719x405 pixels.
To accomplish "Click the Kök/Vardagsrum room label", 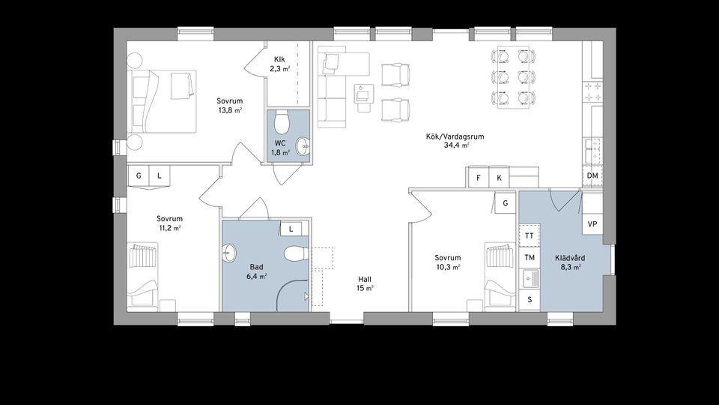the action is coord(455,136).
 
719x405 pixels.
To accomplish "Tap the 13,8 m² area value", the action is coord(230,110).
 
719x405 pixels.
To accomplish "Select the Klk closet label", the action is coord(279,60).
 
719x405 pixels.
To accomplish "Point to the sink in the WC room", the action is coord(303,146).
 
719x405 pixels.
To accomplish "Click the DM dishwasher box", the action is coord(592,175).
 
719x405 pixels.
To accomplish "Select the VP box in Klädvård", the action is coord(592,224).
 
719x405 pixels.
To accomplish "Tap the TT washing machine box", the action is coord(530,235).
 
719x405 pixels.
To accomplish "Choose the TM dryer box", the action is coord(530,257).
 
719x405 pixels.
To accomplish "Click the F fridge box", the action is coord(479,178).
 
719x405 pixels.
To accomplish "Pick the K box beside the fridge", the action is coord(500,178).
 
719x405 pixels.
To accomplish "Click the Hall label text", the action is coord(365,279).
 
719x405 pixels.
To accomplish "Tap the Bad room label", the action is coord(256,267).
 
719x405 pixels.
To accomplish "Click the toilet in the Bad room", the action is coord(295,253).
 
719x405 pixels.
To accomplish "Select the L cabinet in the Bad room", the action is coord(291,229).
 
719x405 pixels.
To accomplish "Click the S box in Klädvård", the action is coord(530,300).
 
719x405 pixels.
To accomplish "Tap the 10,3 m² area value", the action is coord(448,267).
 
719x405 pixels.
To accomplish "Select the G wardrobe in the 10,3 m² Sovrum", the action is coord(506,203).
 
